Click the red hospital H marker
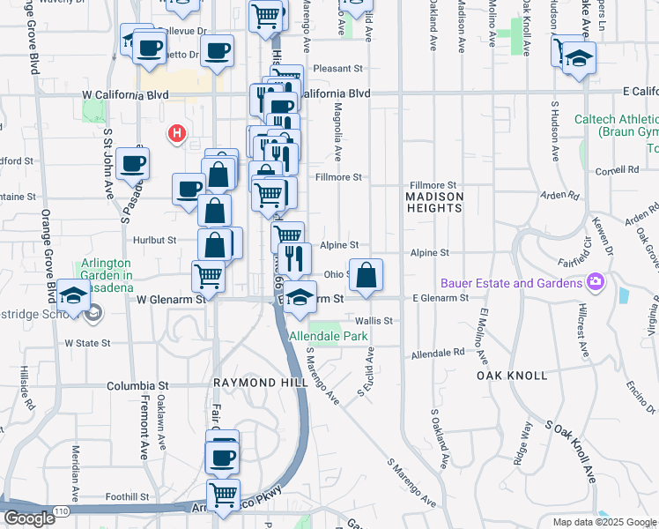pyautogui.click(x=177, y=134)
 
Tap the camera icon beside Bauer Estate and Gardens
pyautogui.click(x=596, y=282)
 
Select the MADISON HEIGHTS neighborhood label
pyautogui.click(x=433, y=202)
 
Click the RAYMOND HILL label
pyautogui.click(x=261, y=383)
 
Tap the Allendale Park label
pyautogui.click(x=326, y=337)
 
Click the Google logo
pyautogui.click(x=29, y=518)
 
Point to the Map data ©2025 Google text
pyautogui.click(x=605, y=522)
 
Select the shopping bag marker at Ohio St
pyautogui.click(x=366, y=274)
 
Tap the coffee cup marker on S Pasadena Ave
pyautogui.click(x=132, y=163)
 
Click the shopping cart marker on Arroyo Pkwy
pyautogui.click(x=224, y=495)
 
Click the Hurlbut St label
pyautogui.click(x=155, y=240)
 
